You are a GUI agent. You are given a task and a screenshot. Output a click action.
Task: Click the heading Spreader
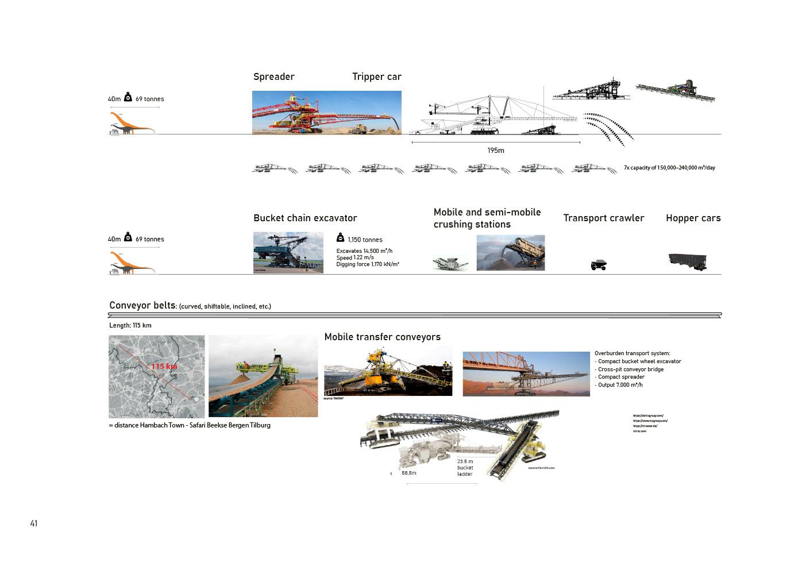(x=274, y=77)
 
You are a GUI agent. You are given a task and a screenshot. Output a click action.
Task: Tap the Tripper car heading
(x=376, y=77)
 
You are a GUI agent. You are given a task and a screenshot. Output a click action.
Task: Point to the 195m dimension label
(x=495, y=151)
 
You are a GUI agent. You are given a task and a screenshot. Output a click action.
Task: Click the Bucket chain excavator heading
(x=305, y=218)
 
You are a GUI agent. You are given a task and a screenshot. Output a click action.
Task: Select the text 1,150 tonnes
(x=365, y=240)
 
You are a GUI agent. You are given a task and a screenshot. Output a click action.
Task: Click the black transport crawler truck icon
(x=599, y=265)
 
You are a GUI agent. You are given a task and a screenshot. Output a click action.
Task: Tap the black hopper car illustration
(x=688, y=260)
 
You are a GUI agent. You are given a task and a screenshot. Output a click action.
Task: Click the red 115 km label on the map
(x=164, y=367)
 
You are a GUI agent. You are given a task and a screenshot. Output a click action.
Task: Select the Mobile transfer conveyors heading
(x=382, y=337)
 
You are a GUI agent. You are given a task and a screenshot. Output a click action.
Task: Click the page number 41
(x=34, y=523)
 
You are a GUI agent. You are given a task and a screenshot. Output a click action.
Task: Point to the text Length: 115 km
(x=130, y=326)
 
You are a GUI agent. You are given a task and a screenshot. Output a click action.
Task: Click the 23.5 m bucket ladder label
(x=465, y=468)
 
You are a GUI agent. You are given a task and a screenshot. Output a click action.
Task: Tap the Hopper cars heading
(x=693, y=218)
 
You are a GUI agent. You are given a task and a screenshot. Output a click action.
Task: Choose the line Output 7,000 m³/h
(x=620, y=385)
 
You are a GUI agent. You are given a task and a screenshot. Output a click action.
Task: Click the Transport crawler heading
(x=603, y=218)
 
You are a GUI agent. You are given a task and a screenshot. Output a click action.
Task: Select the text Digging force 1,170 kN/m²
(x=368, y=264)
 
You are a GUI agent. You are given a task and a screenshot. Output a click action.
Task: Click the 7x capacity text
(x=669, y=168)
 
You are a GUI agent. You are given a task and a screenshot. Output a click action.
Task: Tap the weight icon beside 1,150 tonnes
(x=340, y=238)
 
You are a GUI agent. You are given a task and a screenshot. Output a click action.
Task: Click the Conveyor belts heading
(x=142, y=306)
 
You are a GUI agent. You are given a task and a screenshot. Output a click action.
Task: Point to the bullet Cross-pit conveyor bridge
(x=630, y=369)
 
